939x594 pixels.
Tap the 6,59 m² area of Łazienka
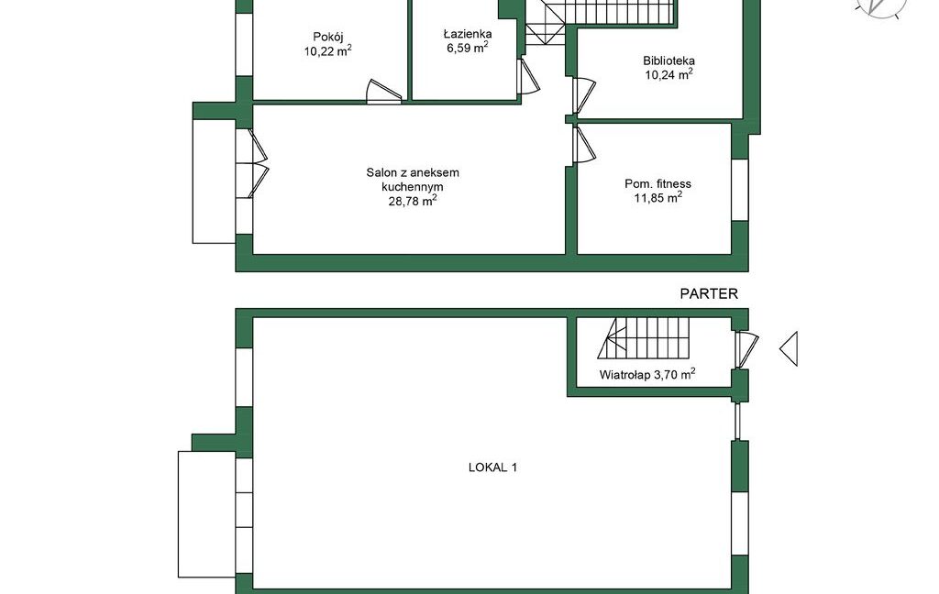click(467, 48)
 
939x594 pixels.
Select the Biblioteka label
click(668, 60)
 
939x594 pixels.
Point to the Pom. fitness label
click(657, 184)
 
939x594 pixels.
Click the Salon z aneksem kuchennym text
click(413, 180)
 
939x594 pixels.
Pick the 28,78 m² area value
click(413, 201)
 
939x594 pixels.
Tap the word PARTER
click(709, 294)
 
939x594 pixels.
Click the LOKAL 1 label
click(492, 467)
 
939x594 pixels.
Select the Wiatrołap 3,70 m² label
click(647, 375)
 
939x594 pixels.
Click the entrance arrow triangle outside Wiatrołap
click(789, 348)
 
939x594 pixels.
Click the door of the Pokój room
click(384, 93)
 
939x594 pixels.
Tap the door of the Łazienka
click(528, 76)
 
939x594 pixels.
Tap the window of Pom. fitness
click(740, 190)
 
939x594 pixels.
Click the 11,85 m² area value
click(658, 198)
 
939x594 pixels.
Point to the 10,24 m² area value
click(668, 74)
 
